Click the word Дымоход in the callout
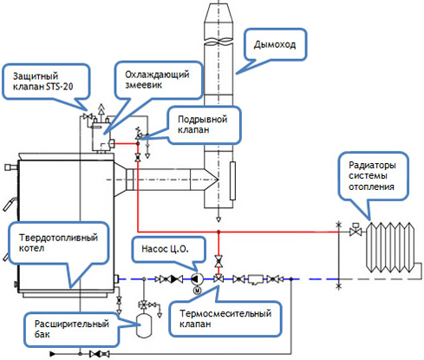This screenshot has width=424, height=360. tap(275, 45)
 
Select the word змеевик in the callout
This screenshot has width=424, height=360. tap(143, 85)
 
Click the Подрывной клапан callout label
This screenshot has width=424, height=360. tap(202, 124)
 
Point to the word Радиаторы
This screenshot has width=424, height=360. tap(372, 165)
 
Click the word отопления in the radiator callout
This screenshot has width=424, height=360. tap(371, 187)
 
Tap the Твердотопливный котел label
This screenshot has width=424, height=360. tap(58, 243)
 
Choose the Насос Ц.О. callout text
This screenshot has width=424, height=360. tap(165, 249)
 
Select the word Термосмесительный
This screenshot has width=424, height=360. tap(225, 313)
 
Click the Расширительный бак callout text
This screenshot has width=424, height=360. tap(72, 329)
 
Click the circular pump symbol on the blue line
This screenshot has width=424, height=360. tap(197, 279)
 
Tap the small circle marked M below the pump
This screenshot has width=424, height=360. tap(198, 290)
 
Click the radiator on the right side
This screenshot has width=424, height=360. tap(390, 247)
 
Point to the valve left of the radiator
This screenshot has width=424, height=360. tap(356, 231)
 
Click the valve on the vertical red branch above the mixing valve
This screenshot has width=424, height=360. tap(219, 261)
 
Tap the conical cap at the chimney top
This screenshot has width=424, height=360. tap(219, 14)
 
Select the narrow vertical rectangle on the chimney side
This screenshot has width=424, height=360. tap(232, 181)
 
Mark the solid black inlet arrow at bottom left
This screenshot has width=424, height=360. tap(53, 354)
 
